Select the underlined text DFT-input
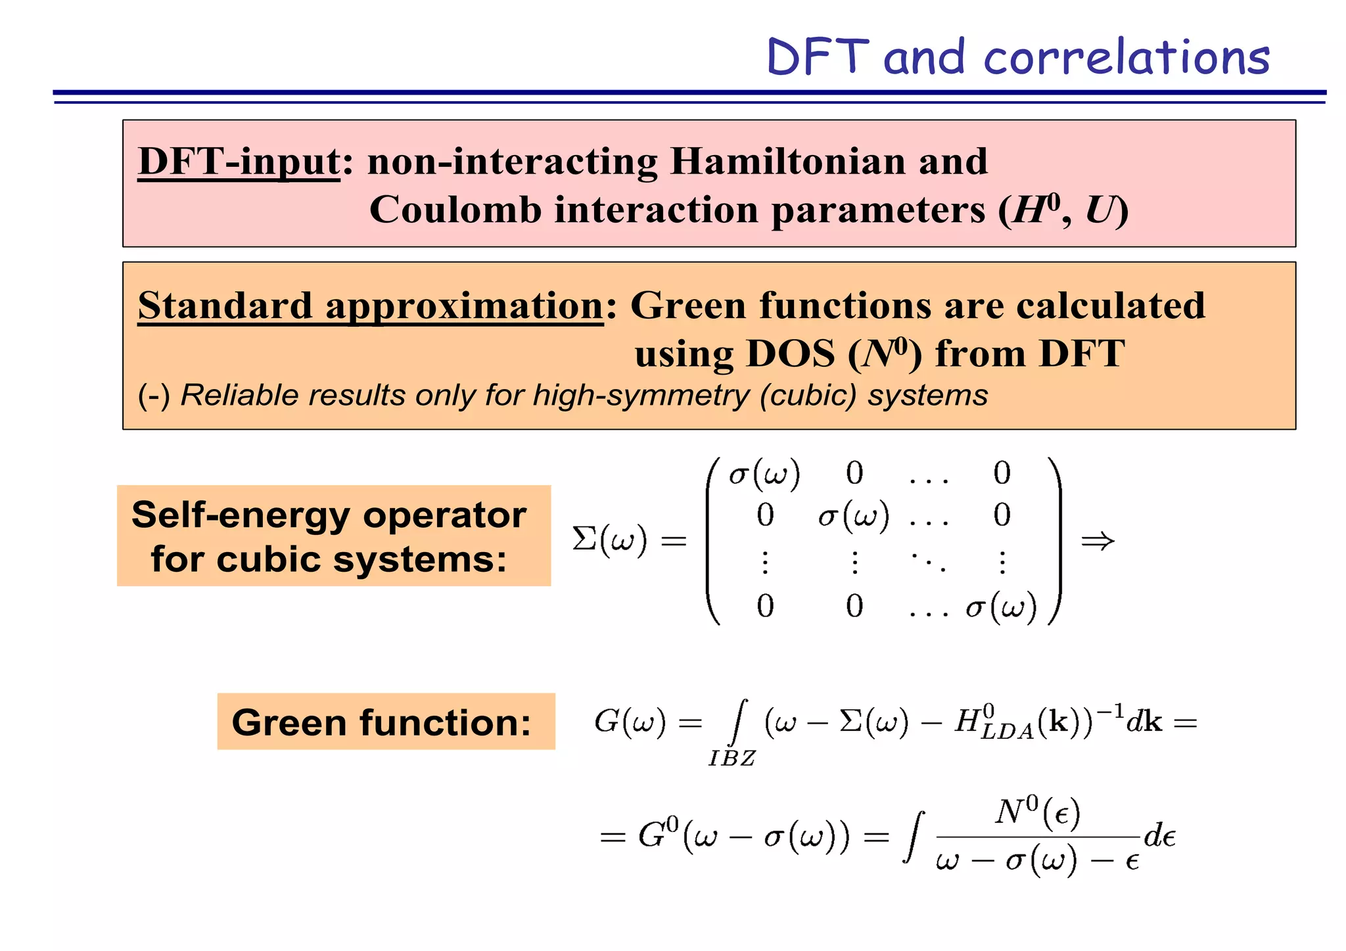[239, 162]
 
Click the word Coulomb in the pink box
[455, 210]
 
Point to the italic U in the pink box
[1099, 210]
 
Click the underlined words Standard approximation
[370, 306]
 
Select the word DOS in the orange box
[791, 354]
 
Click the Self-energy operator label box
[333, 536]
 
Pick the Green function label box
[386, 722]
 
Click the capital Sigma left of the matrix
[584, 540]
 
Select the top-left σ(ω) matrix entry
[764, 474]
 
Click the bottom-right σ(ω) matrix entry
[1001, 607]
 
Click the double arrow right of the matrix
[1098, 541]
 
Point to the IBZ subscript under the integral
[732, 758]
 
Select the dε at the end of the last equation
[1160, 837]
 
